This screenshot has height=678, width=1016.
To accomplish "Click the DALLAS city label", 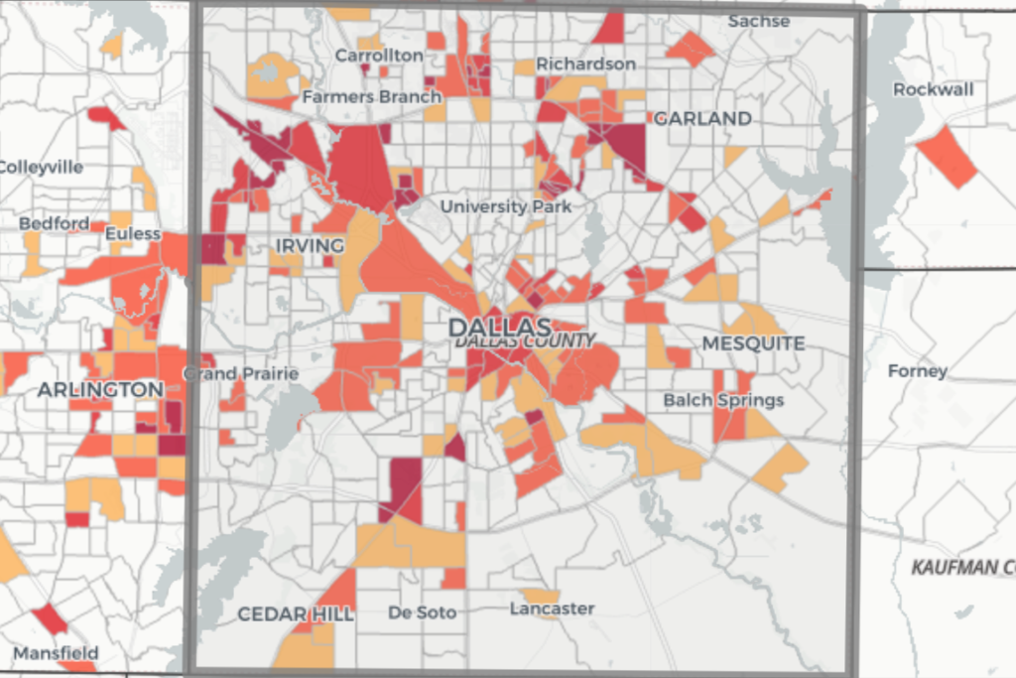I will (x=498, y=327).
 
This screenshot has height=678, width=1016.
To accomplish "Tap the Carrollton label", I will (x=379, y=56).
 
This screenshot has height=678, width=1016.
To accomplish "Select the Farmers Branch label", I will (x=372, y=97).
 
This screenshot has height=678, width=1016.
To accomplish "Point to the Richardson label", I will (x=585, y=65).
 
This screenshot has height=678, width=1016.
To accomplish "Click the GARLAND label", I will (x=702, y=118).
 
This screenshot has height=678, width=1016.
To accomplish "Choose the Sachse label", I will (x=759, y=21).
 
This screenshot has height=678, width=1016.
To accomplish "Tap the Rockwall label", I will (x=933, y=89).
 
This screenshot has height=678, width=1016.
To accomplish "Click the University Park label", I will (x=506, y=206).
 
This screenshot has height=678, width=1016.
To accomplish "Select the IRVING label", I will (x=311, y=245).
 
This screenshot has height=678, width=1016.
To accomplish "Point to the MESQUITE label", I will (x=753, y=343).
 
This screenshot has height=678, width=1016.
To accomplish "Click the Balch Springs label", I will (x=723, y=400).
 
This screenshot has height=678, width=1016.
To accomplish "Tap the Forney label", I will (x=918, y=371).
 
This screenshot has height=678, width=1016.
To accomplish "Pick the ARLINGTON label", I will (x=100, y=389).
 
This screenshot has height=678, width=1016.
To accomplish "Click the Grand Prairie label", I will (x=241, y=373).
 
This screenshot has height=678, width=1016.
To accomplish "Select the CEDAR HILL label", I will (x=295, y=614).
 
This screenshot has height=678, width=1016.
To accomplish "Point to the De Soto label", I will (x=423, y=612).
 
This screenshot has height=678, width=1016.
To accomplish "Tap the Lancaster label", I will (x=552, y=608).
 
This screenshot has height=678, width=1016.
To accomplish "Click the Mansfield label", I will (x=56, y=653).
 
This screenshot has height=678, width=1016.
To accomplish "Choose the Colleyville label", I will (x=40, y=167).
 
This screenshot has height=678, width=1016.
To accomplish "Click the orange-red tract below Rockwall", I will (x=947, y=157).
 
